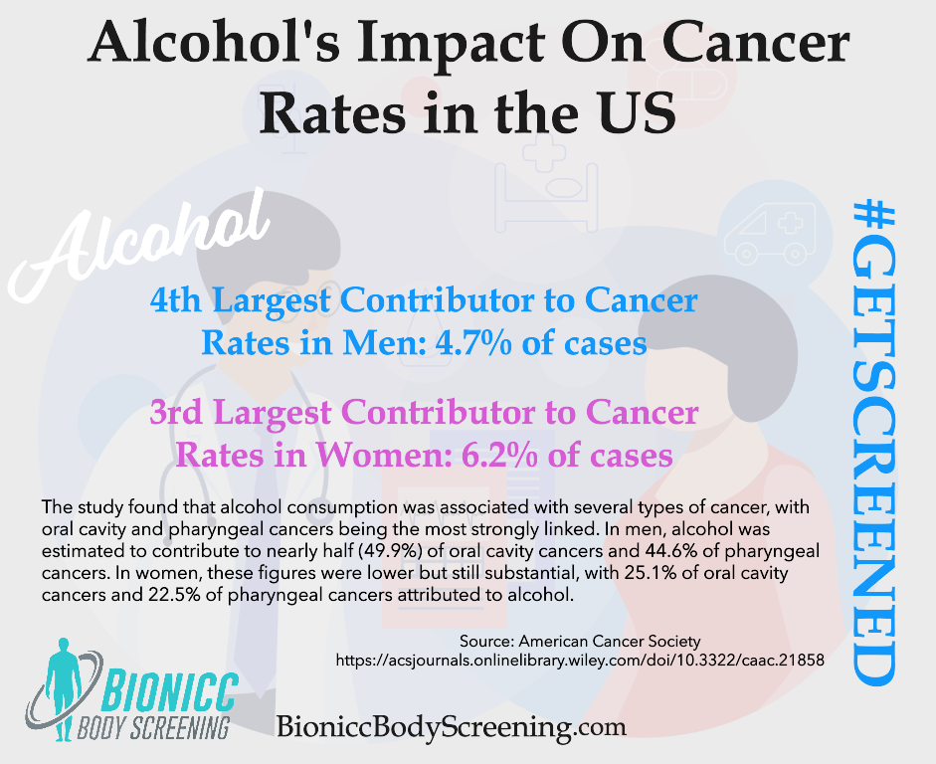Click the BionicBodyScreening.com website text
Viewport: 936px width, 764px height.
pos(452,727)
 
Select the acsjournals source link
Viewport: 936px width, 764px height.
pos(581,659)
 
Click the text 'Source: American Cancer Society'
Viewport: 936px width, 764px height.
pos(581,641)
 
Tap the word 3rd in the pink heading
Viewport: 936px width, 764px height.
pos(183,413)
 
